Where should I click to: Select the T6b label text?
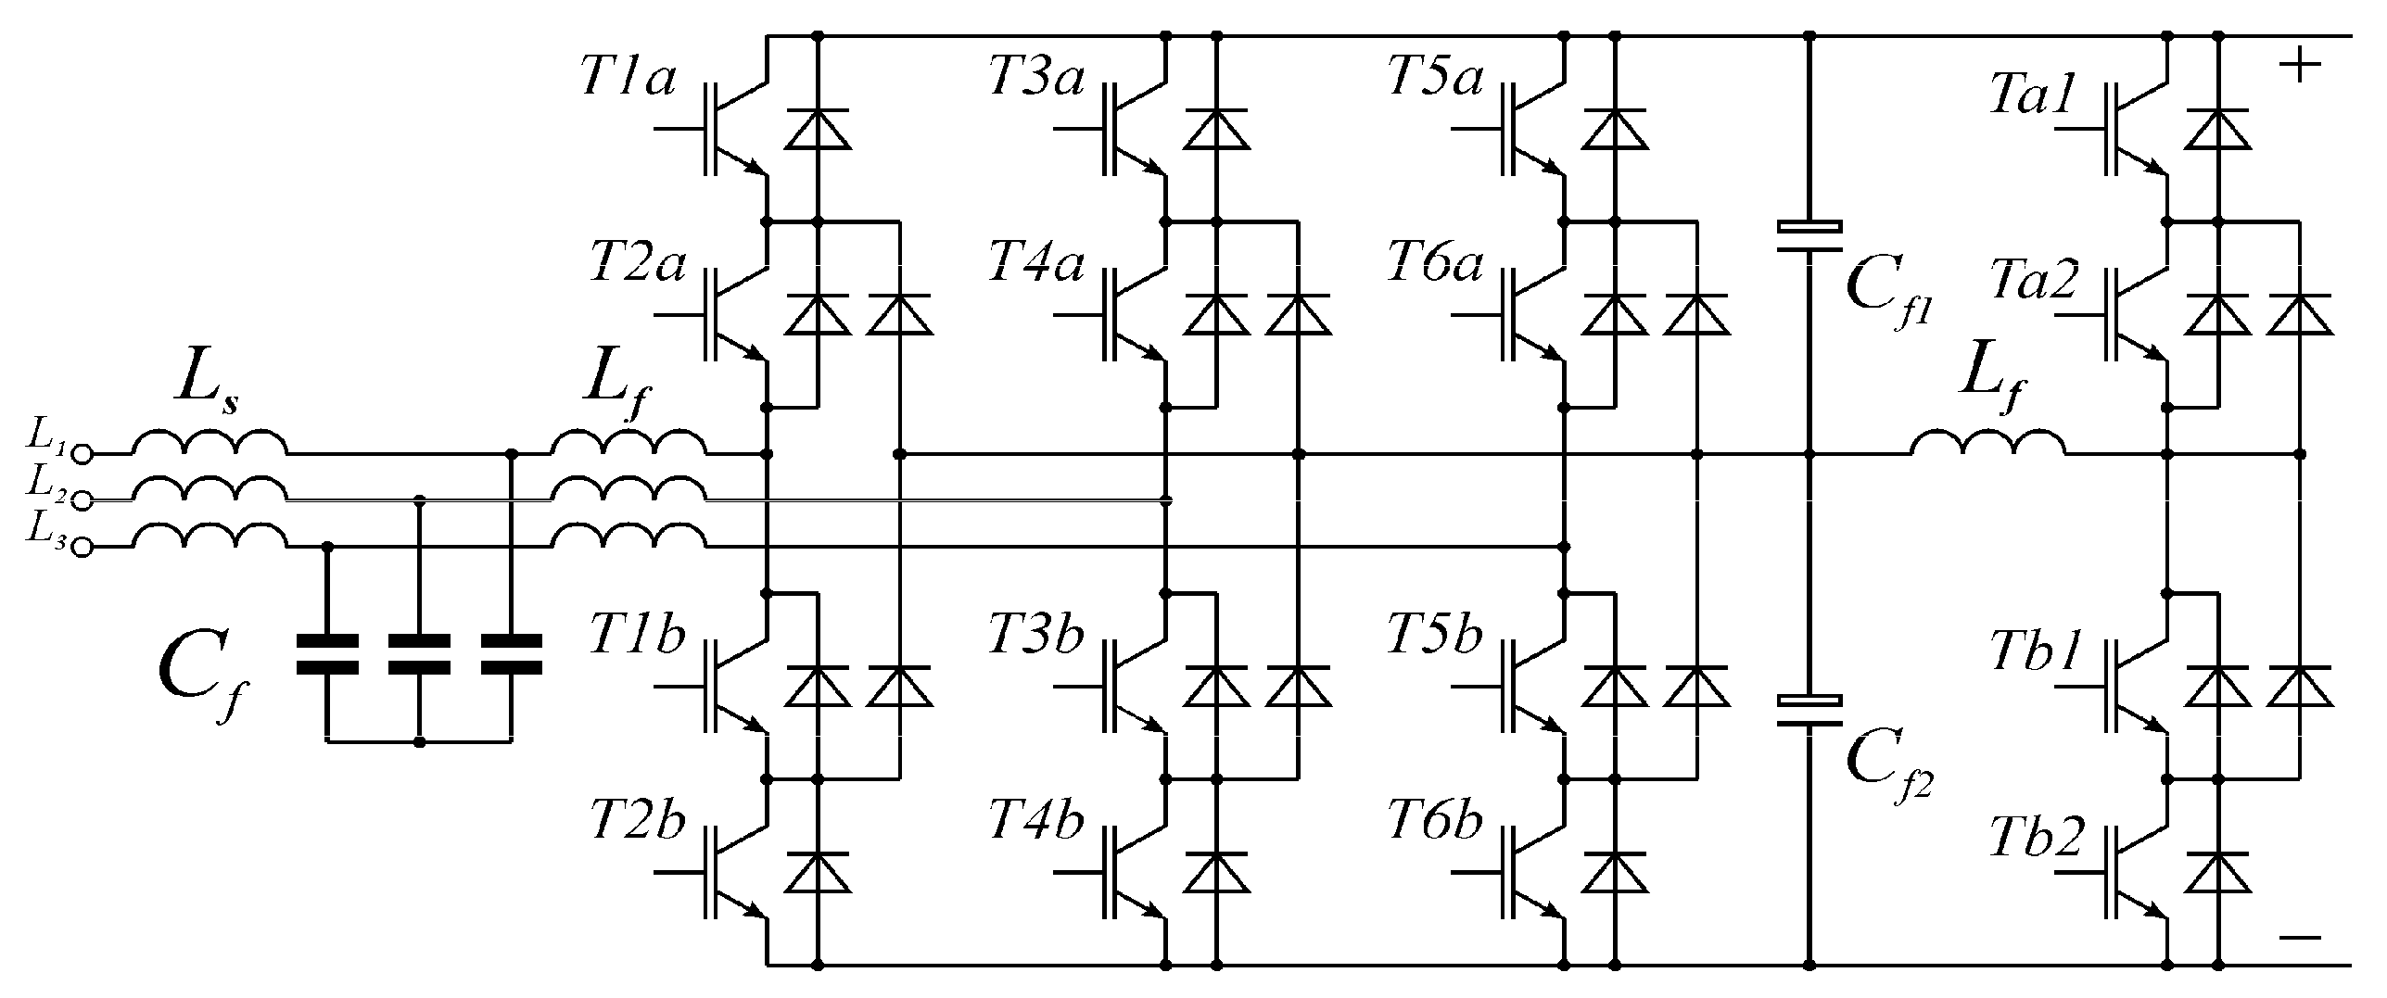(x=1435, y=822)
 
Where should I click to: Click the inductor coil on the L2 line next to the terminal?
(x=209, y=489)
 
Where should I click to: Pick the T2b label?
(x=638, y=822)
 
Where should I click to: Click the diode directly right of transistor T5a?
(x=1615, y=129)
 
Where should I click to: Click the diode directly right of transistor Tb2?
(x=2217, y=872)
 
